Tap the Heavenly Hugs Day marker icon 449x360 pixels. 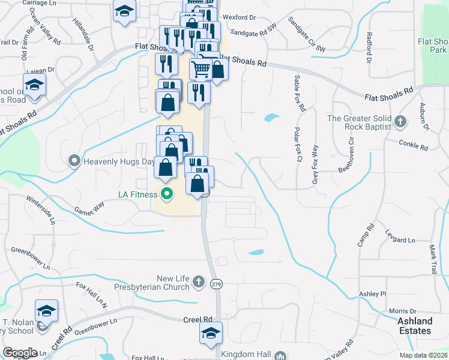[74, 161]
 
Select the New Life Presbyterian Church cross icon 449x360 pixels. [199, 283]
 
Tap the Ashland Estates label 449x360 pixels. [415, 326]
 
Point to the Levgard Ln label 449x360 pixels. [400, 240]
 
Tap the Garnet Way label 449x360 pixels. [90, 208]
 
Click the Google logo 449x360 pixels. [20, 353]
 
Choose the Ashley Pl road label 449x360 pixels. [372, 293]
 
